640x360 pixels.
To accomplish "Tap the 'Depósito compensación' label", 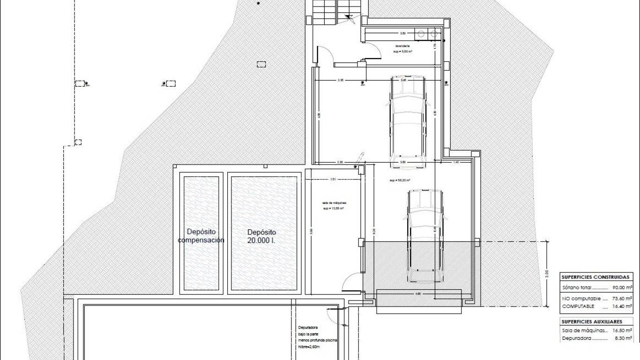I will (x=201, y=236).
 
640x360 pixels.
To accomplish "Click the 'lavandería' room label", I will (x=402, y=46).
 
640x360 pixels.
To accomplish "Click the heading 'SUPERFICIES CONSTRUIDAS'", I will (x=595, y=277).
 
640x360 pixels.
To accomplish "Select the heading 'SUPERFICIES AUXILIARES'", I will (x=592, y=322).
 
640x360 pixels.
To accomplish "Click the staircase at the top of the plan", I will (x=336, y=12).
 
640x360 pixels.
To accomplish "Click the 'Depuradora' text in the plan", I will (x=308, y=328).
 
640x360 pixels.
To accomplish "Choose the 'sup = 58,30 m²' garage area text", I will (x=400, y=180).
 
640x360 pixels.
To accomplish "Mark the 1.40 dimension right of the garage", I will (x=455, y=162).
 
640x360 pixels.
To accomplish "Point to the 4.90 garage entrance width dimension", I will (x=418, y=294).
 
